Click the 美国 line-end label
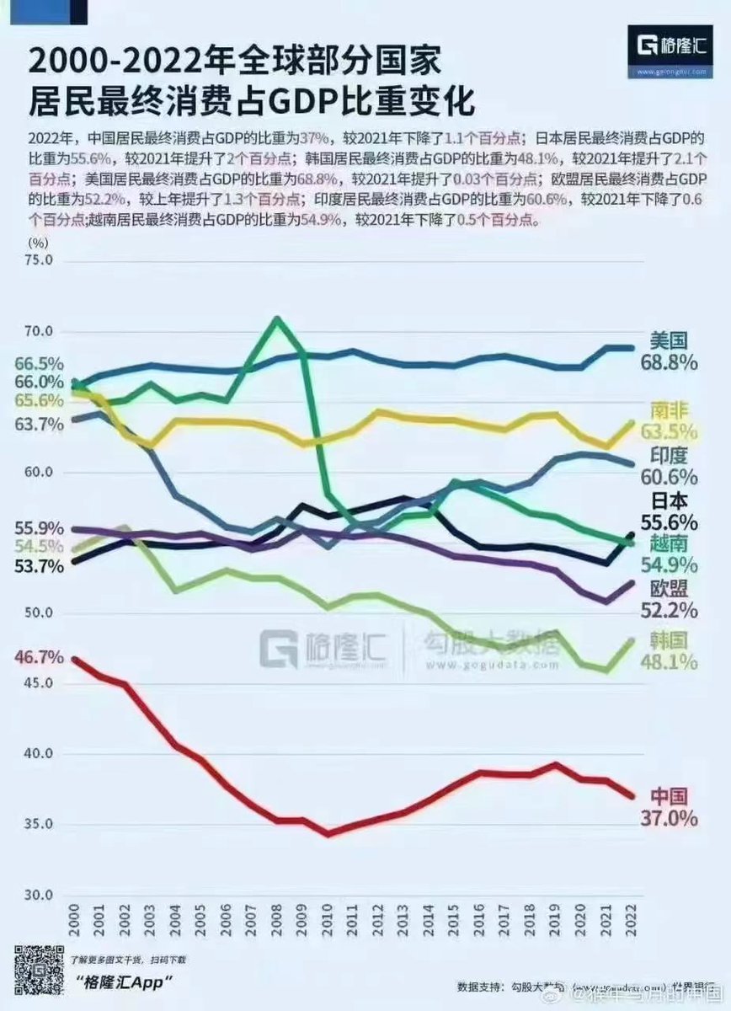click(x=670, y=340)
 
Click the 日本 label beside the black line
click(x=670, y=500)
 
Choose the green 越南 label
click(x=670, y=543)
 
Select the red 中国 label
click(x=670, y=796)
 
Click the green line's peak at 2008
click(x=276, y=318)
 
